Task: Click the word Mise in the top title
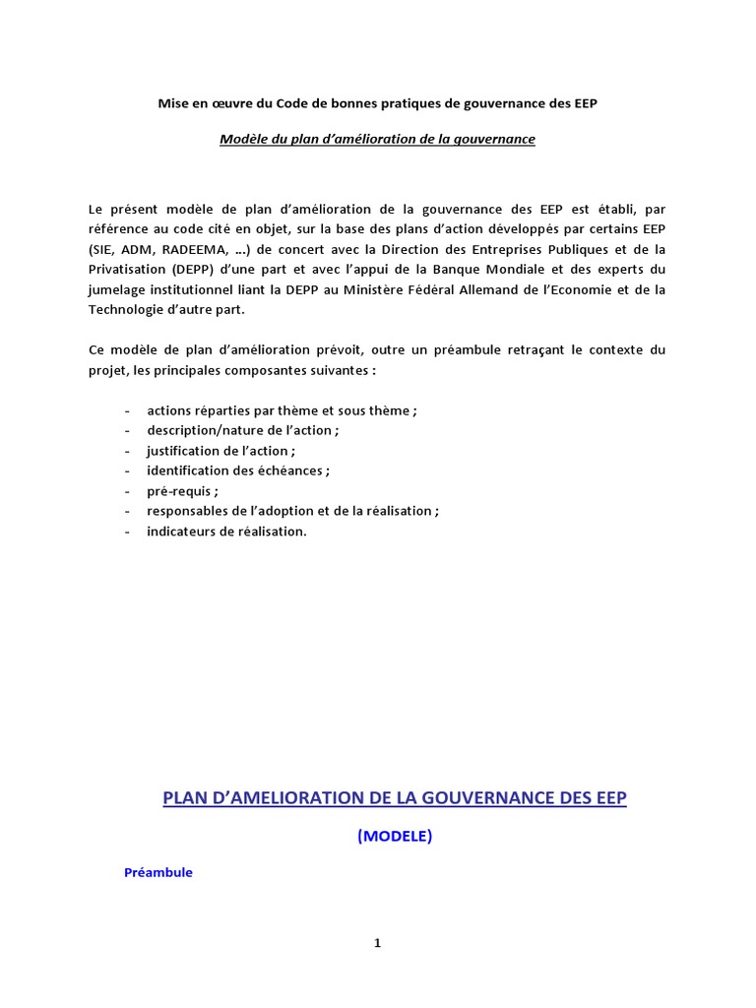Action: click(x=174, y=103)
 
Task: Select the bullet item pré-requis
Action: click(x=183, y=490)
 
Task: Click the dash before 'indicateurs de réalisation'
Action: click(x=129, y=531)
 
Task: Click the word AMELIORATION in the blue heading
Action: click(x=290, y=797)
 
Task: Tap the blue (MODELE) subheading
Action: click(x=394, y=836)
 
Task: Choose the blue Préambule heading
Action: click(x=158, y=872)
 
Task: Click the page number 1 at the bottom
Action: click(x=377, y=943)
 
